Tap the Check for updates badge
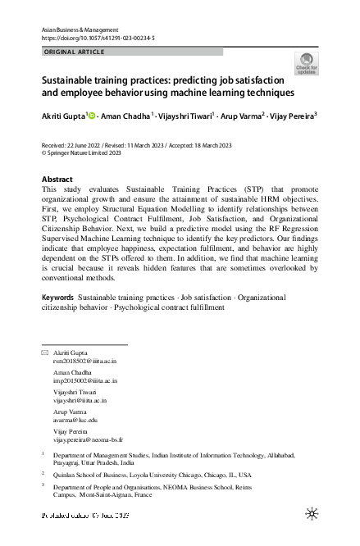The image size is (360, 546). pos(306,64)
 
